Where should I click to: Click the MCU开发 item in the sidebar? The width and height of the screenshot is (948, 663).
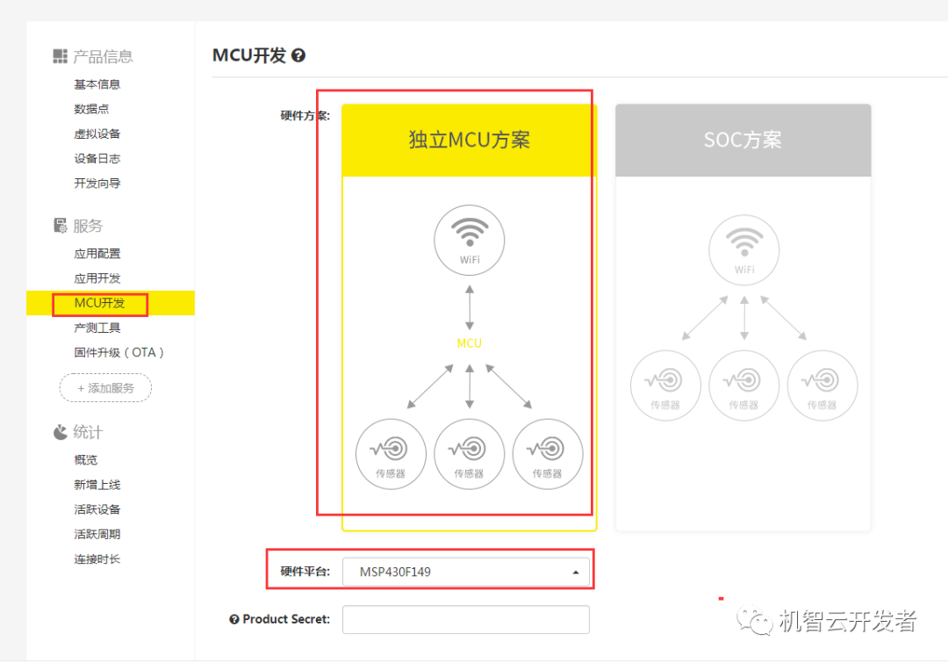99,304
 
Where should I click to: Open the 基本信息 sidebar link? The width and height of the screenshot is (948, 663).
97,84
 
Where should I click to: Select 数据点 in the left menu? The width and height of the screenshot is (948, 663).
91,109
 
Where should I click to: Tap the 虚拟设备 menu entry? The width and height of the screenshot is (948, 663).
97,133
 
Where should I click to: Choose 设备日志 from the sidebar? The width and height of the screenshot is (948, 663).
97,159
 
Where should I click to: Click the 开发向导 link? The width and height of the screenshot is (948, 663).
97,184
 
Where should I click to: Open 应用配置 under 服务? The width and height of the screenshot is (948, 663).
97,254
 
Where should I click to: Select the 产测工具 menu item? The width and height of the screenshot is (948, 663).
97,328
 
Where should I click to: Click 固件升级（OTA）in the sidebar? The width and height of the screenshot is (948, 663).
119,352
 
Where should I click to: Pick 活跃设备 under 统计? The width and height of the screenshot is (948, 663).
97,509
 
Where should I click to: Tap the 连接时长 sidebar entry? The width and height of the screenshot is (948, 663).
97,559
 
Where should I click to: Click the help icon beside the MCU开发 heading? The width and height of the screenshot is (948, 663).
298,56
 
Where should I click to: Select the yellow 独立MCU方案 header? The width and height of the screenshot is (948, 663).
469,141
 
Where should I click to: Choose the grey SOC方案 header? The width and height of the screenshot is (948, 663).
743,141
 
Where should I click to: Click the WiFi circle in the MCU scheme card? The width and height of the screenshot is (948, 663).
470,239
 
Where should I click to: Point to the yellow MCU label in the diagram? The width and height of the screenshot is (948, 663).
469,343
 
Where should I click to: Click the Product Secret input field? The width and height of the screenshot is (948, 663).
465,619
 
